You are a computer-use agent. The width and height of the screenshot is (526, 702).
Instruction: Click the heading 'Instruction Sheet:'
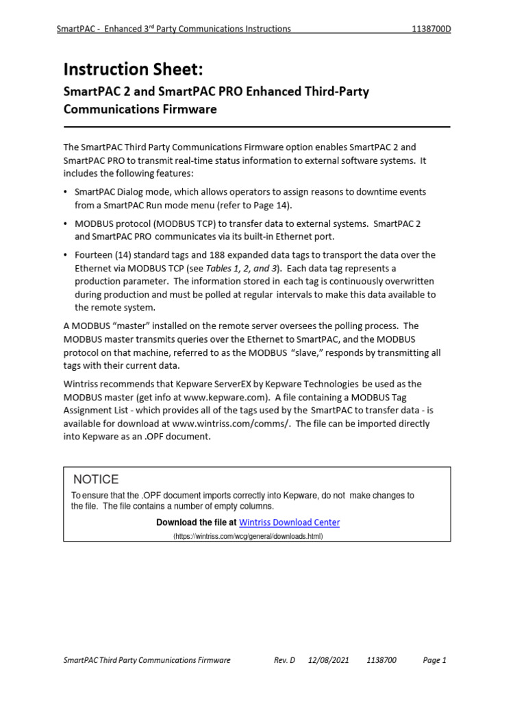tap(133, 69)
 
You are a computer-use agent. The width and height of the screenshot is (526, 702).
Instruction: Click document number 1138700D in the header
tap(430, 29)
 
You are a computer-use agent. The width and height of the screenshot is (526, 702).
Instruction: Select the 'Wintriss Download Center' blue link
tap(289, 522)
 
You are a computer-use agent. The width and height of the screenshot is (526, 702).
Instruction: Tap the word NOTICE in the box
tap(95, 479)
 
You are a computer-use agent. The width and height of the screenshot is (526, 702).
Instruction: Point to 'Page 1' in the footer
tap(434, 660)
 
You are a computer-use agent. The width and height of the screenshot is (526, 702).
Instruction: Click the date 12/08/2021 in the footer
tap(329, 660)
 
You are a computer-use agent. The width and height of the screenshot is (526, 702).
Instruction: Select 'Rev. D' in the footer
tap(284, 660)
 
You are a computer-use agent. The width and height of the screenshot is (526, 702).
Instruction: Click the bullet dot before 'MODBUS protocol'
tap(66, 223)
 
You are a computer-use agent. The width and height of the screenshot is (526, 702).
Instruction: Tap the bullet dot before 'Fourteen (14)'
tap(66, 255)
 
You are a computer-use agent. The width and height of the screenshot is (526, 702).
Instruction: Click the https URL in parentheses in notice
tap(247, 536)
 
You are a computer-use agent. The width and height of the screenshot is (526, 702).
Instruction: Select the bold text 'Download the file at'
tap(197, 522)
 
